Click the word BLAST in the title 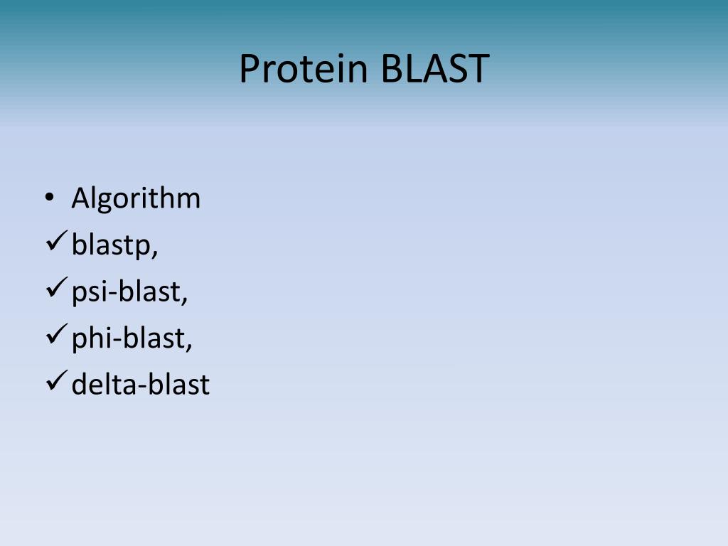pos(435,69)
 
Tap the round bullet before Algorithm pos(48,198)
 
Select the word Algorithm pos(136,199)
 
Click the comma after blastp pos(154,253)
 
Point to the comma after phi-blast pos(189,346)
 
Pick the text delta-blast pos(140,385)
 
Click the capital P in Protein pos(248,69)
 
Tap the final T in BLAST pos(479,69)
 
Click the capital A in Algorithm pos(80,198)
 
